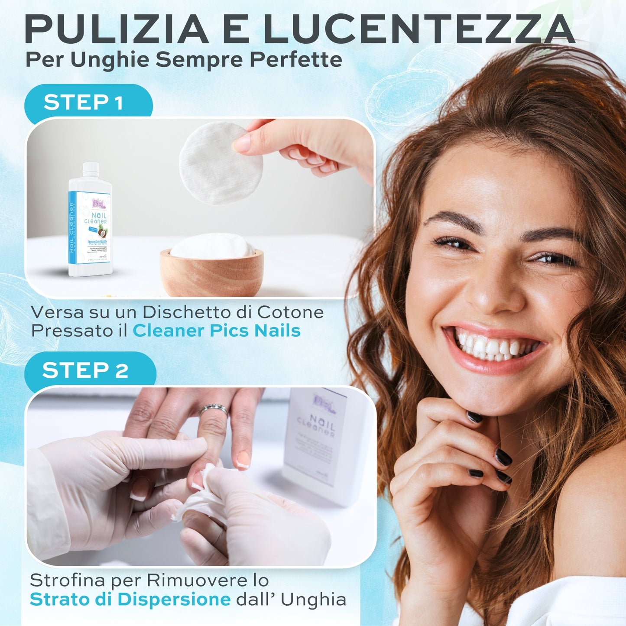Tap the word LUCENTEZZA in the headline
pos(418,29)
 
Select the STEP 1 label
pos(83,103)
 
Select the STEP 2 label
pos(85,370)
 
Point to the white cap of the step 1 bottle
pos(91,169)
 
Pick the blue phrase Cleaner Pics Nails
pos(216,331)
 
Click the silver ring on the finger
pos(213,409)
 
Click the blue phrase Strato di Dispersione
pos(130,600)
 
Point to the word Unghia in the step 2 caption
pos(313,600)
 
